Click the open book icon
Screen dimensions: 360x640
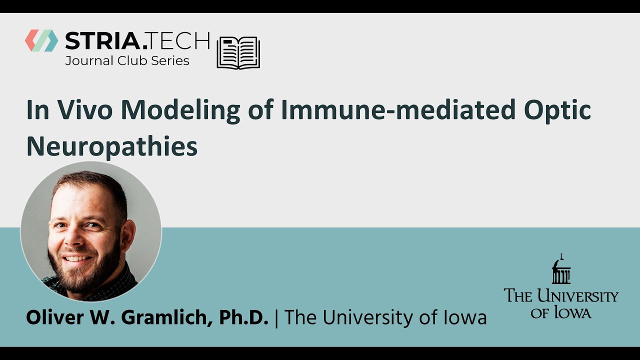point(238,52)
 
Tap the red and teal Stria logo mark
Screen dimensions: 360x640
point(41,40)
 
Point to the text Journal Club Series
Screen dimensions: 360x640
point(127,61)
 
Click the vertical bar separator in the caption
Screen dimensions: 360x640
point(276,318)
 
